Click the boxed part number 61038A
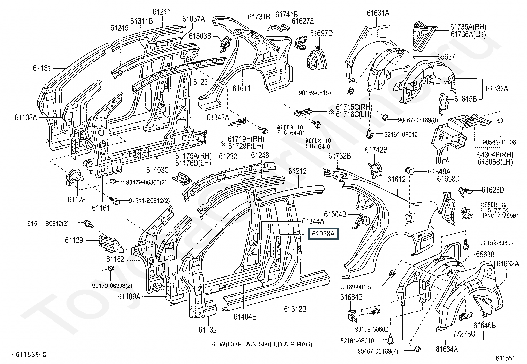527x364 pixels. tap(323, 234)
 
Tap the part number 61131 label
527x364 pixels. tap(42, 68)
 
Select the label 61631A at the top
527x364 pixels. tap(378, 13)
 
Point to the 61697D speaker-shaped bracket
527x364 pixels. tap(317, 59)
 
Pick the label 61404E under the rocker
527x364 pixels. tap(245, 317)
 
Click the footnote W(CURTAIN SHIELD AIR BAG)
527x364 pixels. tap(266, 344)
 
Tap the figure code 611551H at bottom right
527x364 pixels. tap(507, 358)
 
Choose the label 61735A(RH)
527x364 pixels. tap(468, 27)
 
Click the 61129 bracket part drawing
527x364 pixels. tap(111, 243)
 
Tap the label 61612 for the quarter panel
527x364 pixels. tap(397, 179)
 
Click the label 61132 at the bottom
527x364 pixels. tap(208, 330)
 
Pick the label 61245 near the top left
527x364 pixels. tap(120, 28)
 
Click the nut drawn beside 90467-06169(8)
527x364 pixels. tap(385, 117)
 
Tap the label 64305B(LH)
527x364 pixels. tap(495, 162)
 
